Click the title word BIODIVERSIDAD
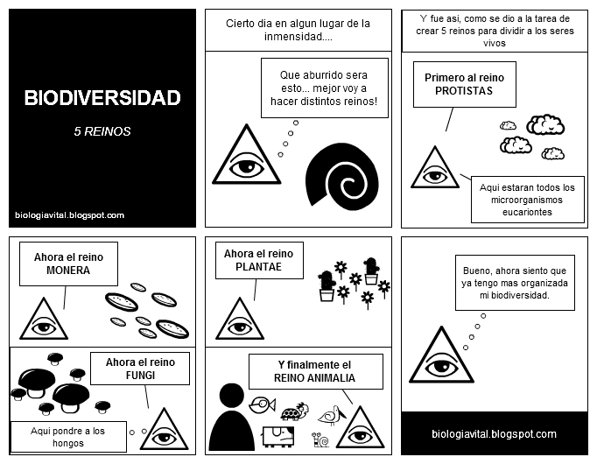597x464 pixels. click(102, 97)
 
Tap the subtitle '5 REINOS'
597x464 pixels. click(102, 132)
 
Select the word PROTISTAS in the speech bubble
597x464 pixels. click(464, 91)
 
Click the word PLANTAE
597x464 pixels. click(258, 267)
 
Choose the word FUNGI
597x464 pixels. click(140, 376)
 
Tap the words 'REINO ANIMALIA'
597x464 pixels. click(315, 379)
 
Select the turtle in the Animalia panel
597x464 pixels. click(293, 411)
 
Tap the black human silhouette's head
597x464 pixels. click(232, 395)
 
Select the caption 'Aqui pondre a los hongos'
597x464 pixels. click(67, 437)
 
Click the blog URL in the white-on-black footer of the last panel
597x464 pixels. click(495, 434)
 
